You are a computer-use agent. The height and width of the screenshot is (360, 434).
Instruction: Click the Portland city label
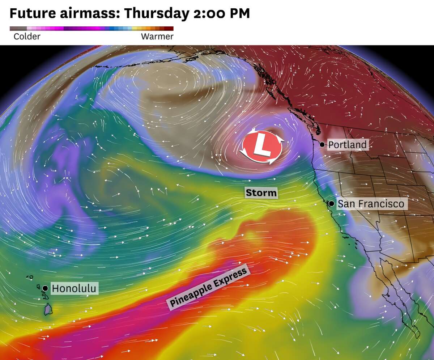pyautogui.click(x=347, y=145)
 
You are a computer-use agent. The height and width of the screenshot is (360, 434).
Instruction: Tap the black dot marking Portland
pyautogui.click(x=322, y=144)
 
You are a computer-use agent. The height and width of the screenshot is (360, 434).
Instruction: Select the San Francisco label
pyautogui.click(x=370, y=204)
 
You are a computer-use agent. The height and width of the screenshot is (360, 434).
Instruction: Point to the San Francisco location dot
pyautogui.click(x=331, y=204)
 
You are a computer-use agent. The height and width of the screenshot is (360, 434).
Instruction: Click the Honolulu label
pyautogui.click(x=74, y=288)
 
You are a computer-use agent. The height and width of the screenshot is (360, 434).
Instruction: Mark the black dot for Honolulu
pyautogui.click(x=45, y=288)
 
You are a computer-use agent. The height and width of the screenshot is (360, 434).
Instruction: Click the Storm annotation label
pyautogui.click(x=261, y=193)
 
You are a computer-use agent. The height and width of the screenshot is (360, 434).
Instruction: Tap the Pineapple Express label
pyautogui.click(x=209, y=287)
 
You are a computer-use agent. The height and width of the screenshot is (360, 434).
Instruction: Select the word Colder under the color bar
pyautogui.click(x=27, y=37)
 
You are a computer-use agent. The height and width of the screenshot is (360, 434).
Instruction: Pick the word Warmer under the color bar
pyautogui.click(x=157, y=37)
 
